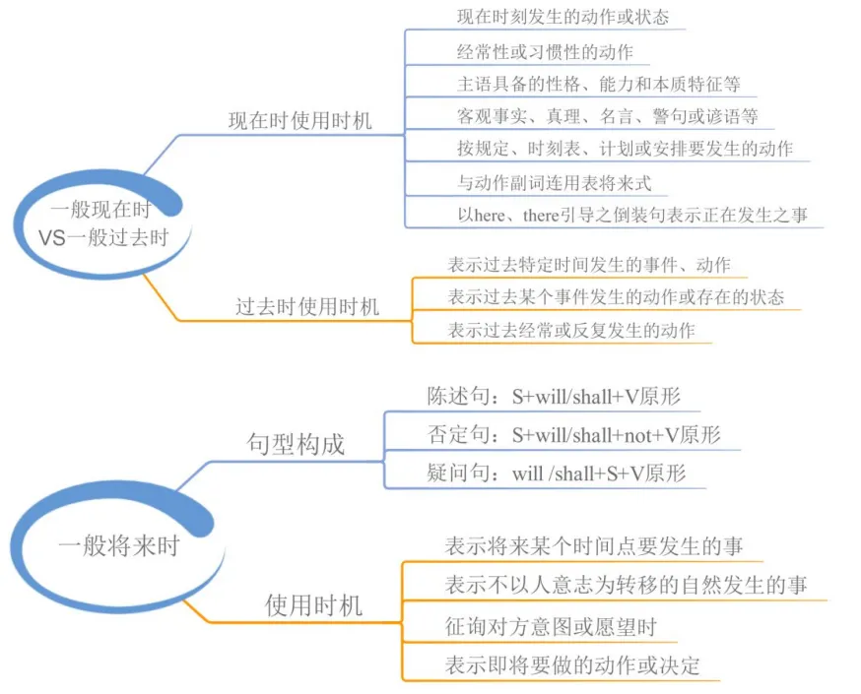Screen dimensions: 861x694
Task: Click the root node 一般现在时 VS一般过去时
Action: [x=103, y=223]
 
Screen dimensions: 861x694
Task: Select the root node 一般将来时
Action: [x=118, y=546]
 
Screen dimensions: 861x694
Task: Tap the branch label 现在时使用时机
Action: [x=299, y=121]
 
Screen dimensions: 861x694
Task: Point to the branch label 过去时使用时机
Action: [x=307, y=307]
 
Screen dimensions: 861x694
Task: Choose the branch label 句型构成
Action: [x=296, y=444]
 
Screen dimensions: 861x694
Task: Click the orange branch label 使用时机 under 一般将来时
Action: [x=313, y=605]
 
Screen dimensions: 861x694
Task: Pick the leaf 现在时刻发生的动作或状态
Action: [x=563, y=17]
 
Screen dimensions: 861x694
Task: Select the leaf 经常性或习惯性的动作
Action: [x=545, y=52]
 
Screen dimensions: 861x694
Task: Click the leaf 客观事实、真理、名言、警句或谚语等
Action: [x=607, y=116]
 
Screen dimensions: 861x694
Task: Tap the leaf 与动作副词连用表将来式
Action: [x=554, y=183]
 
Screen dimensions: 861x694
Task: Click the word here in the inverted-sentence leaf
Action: [x=489, y=215]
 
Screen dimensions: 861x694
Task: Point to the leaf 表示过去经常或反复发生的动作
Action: [x=571, y=331]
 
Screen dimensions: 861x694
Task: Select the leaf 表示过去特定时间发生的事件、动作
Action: [x=589, y=265]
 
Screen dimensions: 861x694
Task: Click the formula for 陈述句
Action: [x=596, y=396]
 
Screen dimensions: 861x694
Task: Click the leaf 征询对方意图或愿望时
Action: [x=551, y=626]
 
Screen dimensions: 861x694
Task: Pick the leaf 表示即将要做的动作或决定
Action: [x=572, y=665]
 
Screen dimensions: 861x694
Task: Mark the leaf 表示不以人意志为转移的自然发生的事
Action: [x=626, y=585]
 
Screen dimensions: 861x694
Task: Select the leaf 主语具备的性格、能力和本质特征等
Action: [x=599, y=84]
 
